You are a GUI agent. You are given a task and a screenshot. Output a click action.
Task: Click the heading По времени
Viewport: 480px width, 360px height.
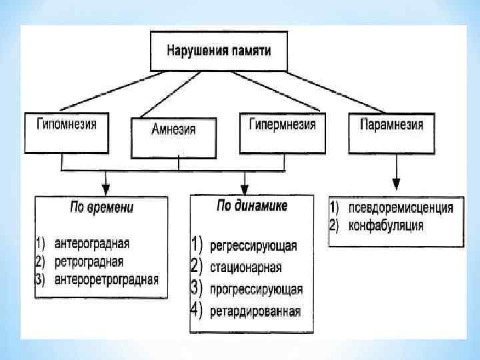click(101, 207)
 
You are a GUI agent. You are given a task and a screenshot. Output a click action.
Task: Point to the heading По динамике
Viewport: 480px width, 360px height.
click(252, 206)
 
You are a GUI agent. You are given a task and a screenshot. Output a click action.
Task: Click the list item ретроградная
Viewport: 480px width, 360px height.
click(90, 261)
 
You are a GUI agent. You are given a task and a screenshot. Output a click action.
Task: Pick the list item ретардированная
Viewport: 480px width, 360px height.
click(255, 311)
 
